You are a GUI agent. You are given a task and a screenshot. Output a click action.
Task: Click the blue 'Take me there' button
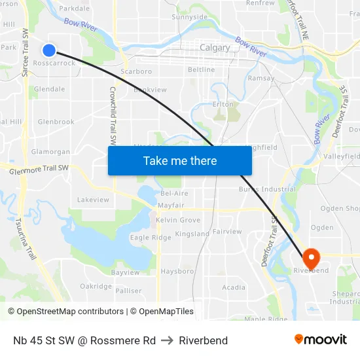[180, 160]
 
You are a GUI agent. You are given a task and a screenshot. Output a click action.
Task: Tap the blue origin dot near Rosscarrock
[49, 50]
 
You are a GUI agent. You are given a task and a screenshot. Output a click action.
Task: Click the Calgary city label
[215, 48]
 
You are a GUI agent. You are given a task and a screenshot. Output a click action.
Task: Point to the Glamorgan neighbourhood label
[50, 152]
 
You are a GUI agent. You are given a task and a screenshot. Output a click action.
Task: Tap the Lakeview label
[93, 199]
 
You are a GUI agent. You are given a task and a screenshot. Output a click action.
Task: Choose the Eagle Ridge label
[151, 238]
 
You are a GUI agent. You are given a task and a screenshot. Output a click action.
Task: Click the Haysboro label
[177, 271]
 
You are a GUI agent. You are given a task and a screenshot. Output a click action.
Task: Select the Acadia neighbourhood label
[234, 287]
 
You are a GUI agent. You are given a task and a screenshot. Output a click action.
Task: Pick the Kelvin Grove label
[178, 220]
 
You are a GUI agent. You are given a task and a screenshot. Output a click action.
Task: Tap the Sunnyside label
[189, 17]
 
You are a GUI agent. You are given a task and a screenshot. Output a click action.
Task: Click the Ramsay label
[261, 78]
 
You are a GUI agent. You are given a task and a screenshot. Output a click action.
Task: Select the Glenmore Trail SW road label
[39, 169]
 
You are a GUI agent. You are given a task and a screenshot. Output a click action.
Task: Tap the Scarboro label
[137, 71]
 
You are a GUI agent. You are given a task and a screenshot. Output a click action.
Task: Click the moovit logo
[320, 339]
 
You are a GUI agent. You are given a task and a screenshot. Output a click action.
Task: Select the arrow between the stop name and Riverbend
[167, 340]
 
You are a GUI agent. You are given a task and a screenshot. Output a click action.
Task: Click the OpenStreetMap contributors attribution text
[70, 312]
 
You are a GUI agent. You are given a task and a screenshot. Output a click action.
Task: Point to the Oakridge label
[96, 286]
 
